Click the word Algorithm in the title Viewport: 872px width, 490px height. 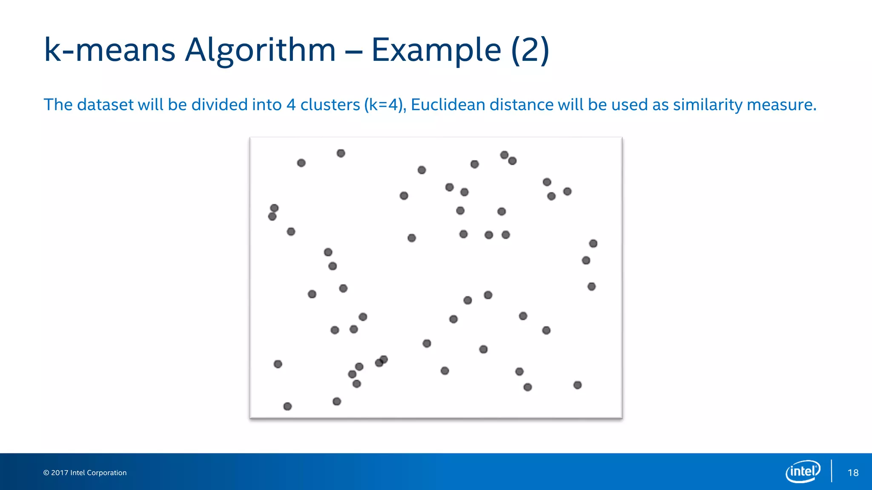(260, 50)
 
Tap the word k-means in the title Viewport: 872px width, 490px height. (109, 50)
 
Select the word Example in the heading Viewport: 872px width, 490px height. (436, 50)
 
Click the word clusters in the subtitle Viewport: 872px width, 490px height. (330, 105)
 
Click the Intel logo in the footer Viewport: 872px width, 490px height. (803, 471)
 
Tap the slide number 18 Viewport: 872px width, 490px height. (853, 473)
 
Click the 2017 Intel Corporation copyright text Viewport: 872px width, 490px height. (85, 473)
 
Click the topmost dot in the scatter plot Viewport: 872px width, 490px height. (341, 153)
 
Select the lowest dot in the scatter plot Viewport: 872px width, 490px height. (287, 406)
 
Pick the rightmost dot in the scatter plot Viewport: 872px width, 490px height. (593, 243)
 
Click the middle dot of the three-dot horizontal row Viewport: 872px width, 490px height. (489, 235)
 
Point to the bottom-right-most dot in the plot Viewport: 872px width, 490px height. (577, 385)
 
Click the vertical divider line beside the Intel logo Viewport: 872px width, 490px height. (832, 471)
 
